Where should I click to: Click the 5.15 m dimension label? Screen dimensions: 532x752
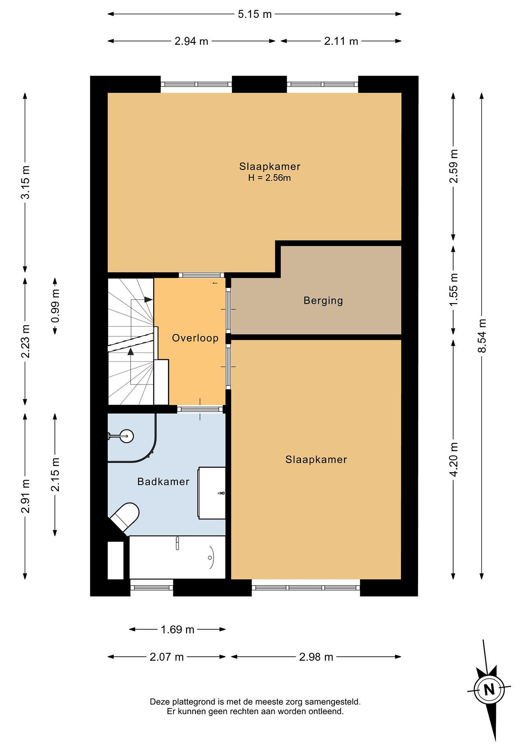click(x=255, y=14)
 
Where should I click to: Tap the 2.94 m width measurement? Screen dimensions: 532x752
click(x=191, y=41)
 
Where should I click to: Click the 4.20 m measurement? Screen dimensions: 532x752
click(x=454, y=459)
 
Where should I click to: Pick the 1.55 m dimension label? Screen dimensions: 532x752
click(x=454, y=290)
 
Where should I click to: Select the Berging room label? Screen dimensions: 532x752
click(x=323, y=301)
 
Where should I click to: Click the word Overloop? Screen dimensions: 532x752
click(x=195, y=338)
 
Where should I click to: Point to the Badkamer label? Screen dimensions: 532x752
click(x=163, y=482)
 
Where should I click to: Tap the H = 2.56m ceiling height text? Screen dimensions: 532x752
click(x=269, y=178)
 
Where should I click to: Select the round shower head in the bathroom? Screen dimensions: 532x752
click(x=126, y=436)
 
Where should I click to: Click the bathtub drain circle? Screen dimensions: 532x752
click(x=210, y=558)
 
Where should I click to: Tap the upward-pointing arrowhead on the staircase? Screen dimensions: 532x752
click(x=131, y=352)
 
